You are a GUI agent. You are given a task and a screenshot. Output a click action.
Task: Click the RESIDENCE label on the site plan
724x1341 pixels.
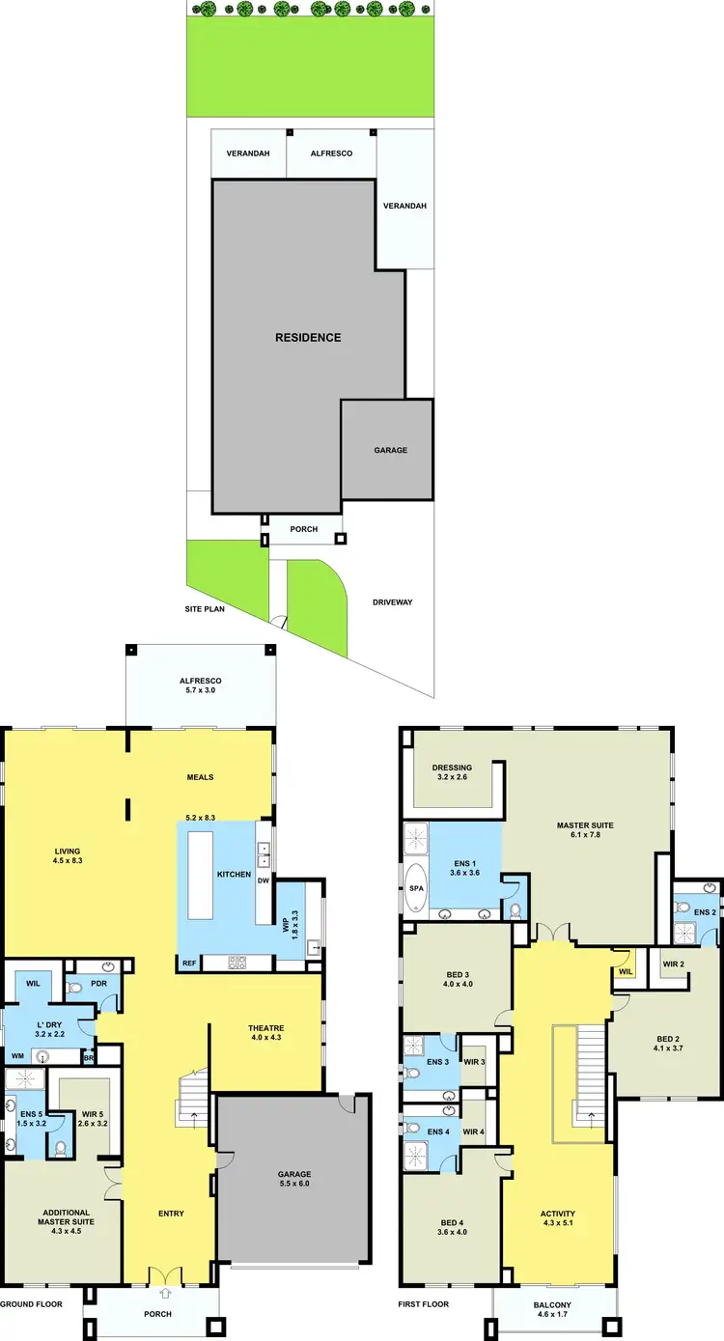point(308,338)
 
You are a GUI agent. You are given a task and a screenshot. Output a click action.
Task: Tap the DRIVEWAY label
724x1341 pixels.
point(392,602)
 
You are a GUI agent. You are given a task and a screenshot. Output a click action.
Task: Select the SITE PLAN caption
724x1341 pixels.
point(205,610)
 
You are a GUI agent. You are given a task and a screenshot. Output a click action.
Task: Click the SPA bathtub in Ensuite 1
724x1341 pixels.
point(416,887)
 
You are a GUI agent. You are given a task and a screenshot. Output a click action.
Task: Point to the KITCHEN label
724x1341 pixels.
point(234,875)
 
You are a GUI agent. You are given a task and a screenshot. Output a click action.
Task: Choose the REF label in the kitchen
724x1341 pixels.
point(189,964)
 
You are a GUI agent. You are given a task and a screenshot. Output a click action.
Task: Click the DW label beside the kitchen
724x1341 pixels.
point(263,880)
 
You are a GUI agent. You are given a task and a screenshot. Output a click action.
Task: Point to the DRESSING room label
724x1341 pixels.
point(452,769)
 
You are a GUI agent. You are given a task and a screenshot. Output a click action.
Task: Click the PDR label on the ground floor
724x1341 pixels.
point(99,985)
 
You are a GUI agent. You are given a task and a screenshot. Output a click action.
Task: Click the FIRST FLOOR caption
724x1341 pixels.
point(424,1304)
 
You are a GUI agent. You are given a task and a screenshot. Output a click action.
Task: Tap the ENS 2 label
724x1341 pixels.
point(705,911)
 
